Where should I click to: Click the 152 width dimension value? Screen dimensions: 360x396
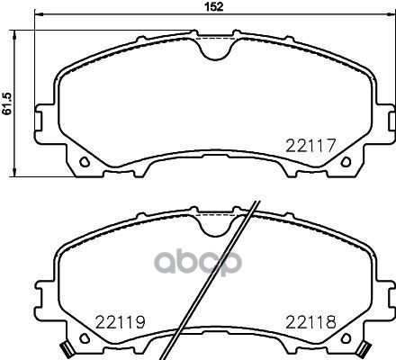[x=209, y=7]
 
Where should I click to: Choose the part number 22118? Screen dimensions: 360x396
[x=311, y=320]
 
